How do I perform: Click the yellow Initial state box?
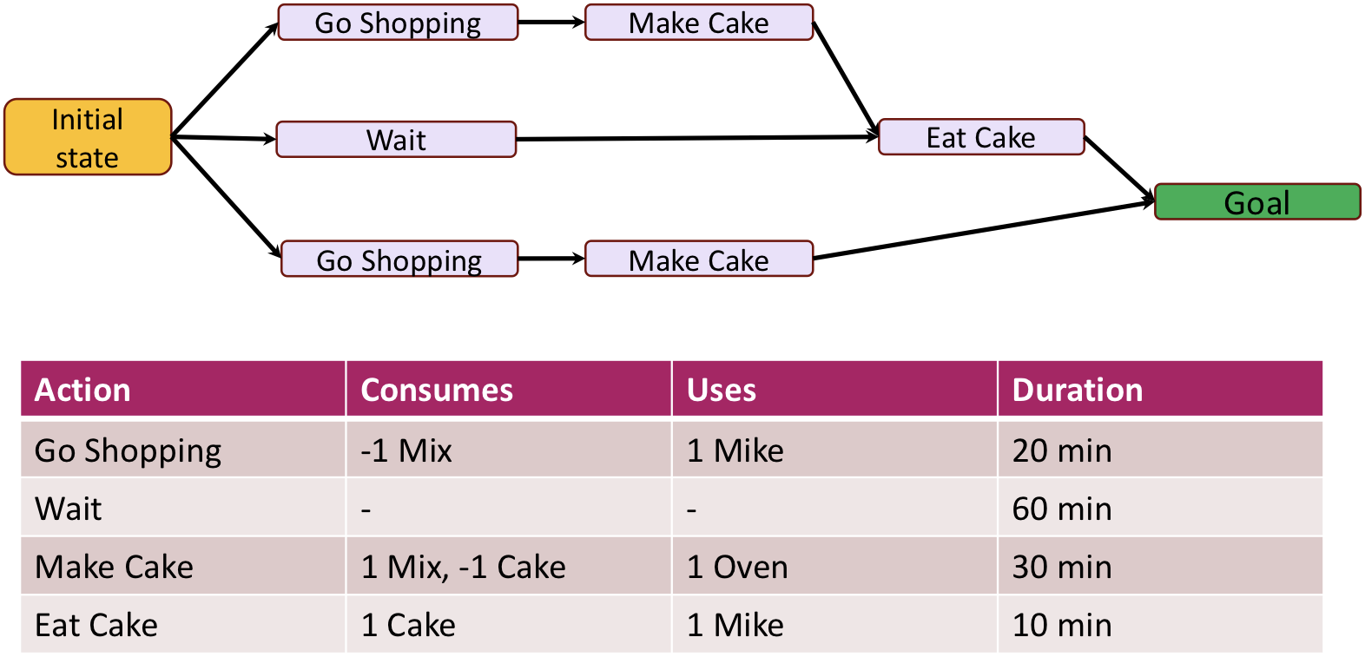88,137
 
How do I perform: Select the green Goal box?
1256,202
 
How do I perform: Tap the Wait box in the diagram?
396,140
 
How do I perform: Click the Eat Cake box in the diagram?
981,137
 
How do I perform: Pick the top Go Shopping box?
398,23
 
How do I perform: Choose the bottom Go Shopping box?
399,260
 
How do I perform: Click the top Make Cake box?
699,23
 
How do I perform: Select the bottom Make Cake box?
699,260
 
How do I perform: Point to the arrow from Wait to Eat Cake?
695,138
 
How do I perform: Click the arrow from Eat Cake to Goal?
1119,168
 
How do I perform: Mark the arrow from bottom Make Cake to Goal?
981,230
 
